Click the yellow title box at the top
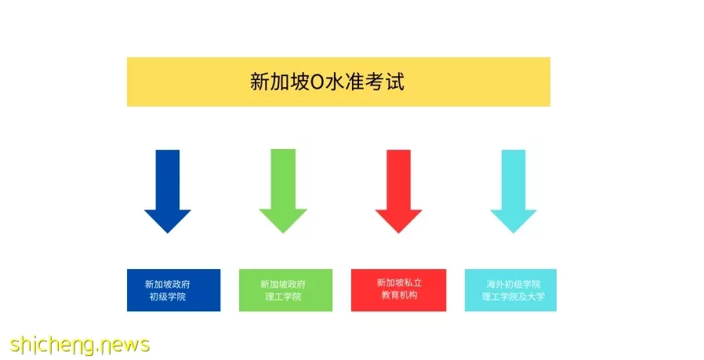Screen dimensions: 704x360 coord(339,82)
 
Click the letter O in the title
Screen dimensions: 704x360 coord(317,82)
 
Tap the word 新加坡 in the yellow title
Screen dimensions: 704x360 coord(280,82)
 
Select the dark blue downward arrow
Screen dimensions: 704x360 coord(168,191)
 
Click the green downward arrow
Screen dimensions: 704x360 coord(283,191)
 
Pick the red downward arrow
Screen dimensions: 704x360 coord(398,191)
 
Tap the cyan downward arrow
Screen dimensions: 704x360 coord(513,191)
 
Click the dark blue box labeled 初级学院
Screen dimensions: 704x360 coord(174,290)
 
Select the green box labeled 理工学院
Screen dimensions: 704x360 coord(285,290)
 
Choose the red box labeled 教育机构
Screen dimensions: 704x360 coord(399,290)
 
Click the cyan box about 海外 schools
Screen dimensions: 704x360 coord(510,290)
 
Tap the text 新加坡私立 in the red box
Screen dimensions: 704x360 coord(399,282)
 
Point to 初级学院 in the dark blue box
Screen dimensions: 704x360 coord(168,296)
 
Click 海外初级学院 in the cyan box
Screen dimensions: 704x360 coord(513,284)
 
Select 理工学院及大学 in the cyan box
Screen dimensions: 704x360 coord(513,296)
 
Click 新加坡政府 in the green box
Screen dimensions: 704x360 coord(283,284)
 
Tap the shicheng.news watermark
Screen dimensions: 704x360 coord(79,345)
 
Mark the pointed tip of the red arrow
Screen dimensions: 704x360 coord(398,233)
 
